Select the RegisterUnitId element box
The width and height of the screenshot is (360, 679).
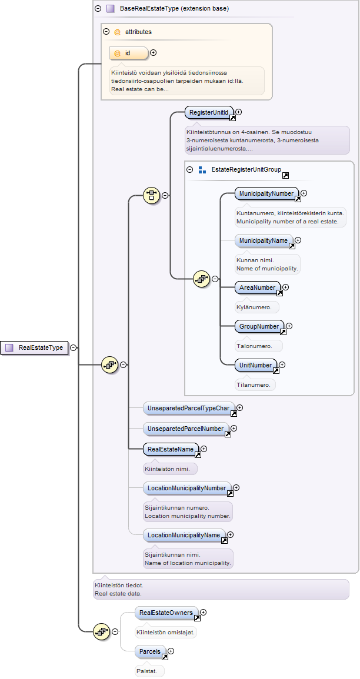209,112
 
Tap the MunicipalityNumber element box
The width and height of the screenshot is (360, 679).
267,193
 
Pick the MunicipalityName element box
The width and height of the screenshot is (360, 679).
264,240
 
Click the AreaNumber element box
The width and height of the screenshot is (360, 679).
258,287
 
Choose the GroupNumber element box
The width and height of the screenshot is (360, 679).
259,326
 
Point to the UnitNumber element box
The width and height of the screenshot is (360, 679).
256,365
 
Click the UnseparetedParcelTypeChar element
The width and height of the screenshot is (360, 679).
189,408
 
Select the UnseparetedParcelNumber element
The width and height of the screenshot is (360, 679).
186,429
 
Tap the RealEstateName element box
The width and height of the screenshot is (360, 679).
171,450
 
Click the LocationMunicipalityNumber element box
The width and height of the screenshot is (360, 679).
187,489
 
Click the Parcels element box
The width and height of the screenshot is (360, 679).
151,651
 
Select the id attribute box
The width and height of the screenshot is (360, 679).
129,53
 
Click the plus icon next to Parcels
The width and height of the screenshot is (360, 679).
171,651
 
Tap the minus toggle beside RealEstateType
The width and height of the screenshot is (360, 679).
74,347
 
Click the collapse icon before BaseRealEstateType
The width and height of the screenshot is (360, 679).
98,8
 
